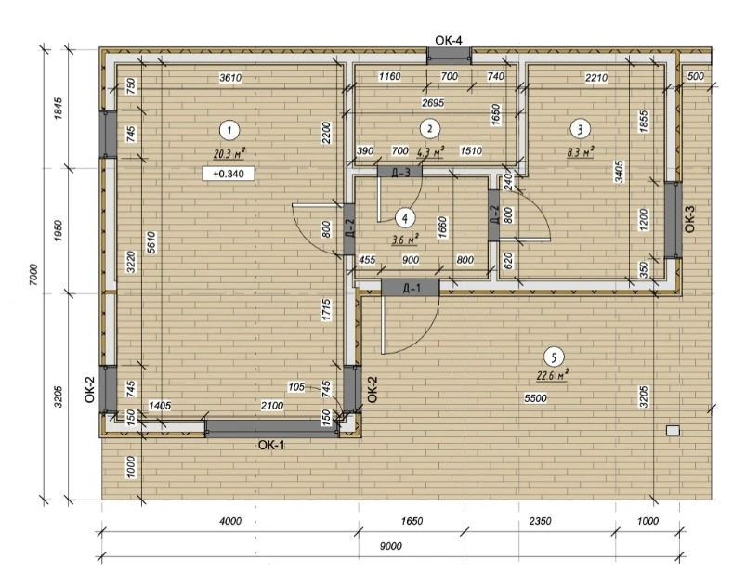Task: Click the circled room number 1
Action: (229, 130)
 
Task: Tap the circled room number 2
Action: (430, 129)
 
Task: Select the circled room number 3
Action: (580, 129)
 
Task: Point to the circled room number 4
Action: (405, 219)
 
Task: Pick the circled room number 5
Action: (554, 357)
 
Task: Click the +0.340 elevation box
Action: (229, 174)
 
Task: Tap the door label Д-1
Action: (412, 288)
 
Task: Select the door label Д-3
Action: (400, 172)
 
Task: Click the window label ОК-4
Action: (448, 40)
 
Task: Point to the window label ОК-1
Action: (271, 445)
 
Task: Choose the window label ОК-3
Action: (690, 218)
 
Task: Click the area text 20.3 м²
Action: (229, 153)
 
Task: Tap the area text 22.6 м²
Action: (553, 376)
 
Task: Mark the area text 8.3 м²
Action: (580, 152)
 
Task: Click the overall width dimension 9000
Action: (390, 546)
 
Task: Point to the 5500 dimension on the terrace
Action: (535, 398)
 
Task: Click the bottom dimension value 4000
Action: (230, 521)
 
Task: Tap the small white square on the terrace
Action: (674, 430)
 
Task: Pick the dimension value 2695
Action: (433, 102)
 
